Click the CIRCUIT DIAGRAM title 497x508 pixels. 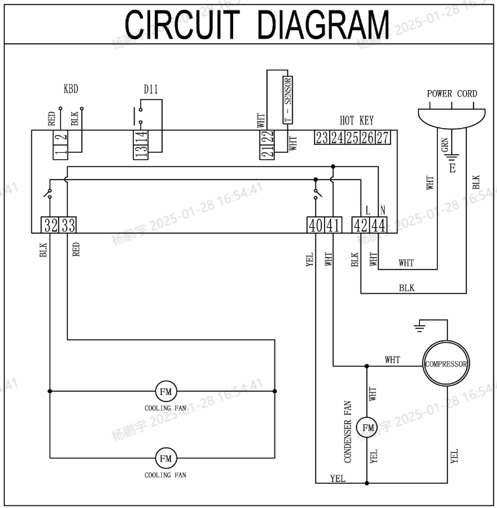pos(257,24)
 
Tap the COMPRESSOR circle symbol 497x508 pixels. pos(447,364)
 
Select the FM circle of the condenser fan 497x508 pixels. pos(367,428)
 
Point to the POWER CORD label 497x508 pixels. pos(452,94)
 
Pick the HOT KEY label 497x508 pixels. pos(357,121)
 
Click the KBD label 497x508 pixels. pos(71,89)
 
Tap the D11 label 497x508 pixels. pos(151,89)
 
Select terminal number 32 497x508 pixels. pos(50,225)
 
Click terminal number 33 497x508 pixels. pos(68,225)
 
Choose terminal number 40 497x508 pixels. pos(315,225)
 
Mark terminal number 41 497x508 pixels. pos(333,225)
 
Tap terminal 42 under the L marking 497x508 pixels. pos(361,225)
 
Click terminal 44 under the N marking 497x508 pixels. pos(378,225)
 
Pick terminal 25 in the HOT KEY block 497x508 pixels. pos(352,138)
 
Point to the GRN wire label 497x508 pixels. pos(445,148)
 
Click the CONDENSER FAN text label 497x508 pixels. pos(348,432)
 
